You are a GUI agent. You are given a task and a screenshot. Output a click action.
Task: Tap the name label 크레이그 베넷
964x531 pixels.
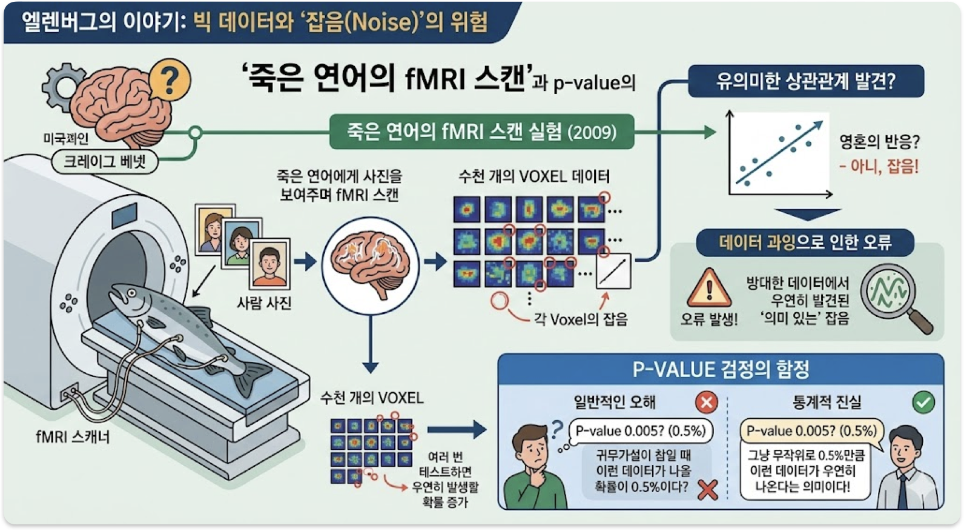(x=104, y=162)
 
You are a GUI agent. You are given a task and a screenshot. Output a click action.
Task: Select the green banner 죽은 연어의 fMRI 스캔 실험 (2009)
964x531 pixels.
(x=481, y=132)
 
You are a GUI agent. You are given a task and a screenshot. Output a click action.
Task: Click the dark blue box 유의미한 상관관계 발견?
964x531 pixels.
(x=805, y=81)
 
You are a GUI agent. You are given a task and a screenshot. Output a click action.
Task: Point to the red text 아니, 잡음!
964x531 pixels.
(x=879, y=166)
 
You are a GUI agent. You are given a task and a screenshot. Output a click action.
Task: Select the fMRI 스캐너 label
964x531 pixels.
(x=73, y=436)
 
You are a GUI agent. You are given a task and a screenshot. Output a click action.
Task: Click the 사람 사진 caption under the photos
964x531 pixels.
(x=264, y=302)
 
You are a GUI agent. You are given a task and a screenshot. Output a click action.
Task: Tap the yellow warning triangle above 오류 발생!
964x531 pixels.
(x=708, y=289)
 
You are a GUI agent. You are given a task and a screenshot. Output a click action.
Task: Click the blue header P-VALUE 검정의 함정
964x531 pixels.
(x=721, y=369)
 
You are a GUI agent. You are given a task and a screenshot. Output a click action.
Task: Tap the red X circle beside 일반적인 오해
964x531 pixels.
(x=706, y=402)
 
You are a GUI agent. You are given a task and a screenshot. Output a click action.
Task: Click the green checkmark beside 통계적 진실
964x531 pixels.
(x=923, y=402)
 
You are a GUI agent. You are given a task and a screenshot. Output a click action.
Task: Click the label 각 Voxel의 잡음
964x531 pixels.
(x=581, y=319)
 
